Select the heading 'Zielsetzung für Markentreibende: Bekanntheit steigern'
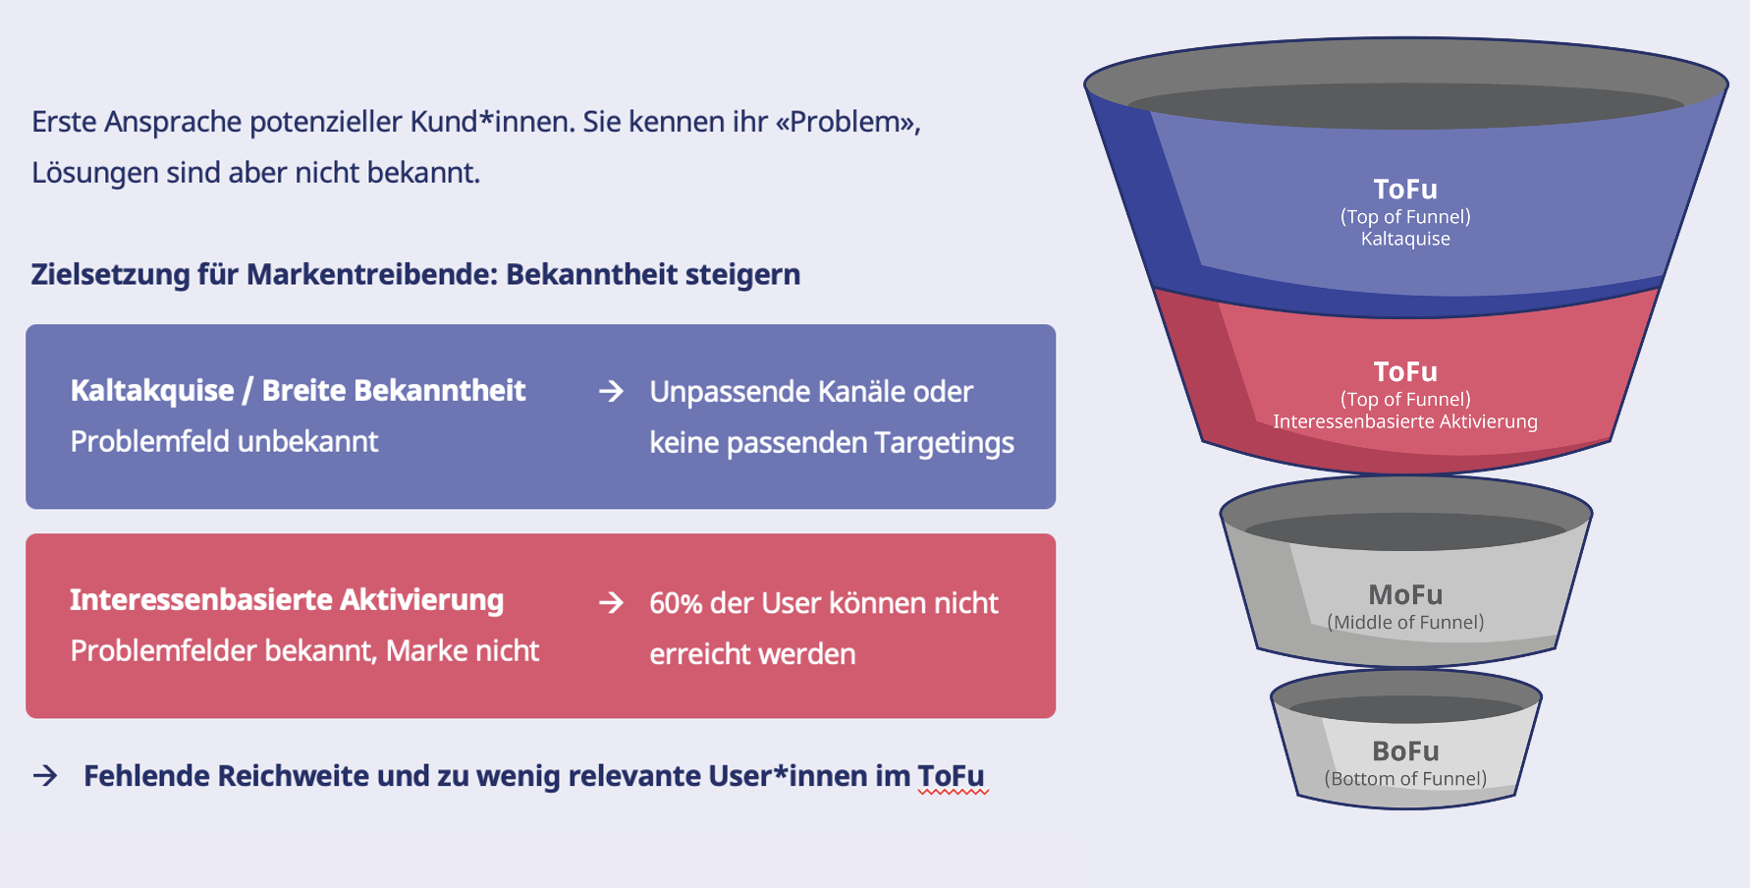tap(415, 274)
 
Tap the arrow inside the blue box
tap(611, 391)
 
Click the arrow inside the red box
tap(611, 602)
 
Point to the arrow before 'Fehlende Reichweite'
tap(45, 776)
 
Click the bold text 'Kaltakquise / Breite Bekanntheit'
tap(298, 390)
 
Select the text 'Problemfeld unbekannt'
tap(224, 441)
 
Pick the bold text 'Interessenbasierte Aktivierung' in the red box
tap(287, 599)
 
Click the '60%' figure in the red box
tap(676, 603)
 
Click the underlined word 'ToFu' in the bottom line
tap(951, 776)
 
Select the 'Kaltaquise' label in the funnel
tap(1405, 239)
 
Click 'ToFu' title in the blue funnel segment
tap(1405, 189)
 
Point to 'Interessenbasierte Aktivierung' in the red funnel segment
tap(1405, 421)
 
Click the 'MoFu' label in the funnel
tap(1405, 594)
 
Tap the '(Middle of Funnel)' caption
tap(1405, 622)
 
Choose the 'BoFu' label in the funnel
tap(1405, 750)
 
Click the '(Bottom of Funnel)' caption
tap(1405, 779)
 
